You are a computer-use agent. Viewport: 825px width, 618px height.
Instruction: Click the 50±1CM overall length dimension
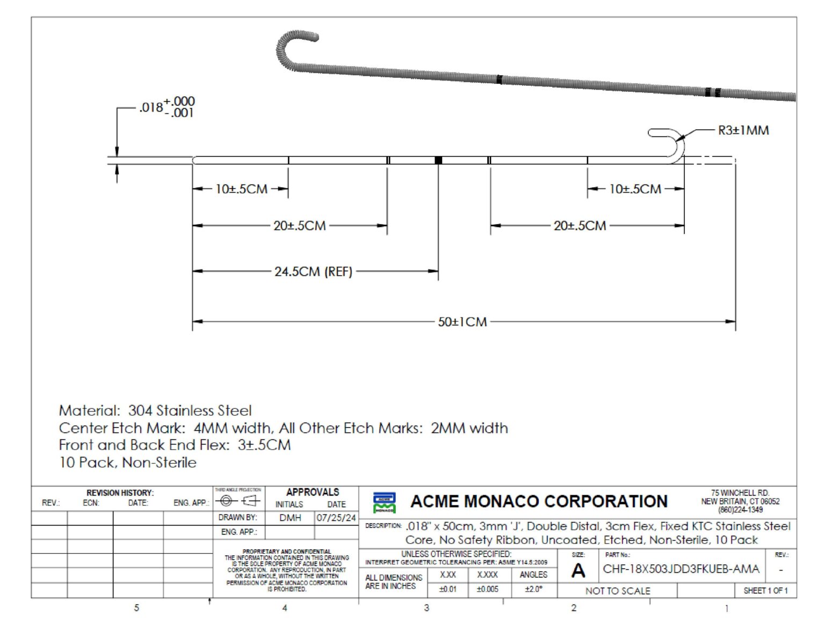pos(462,322)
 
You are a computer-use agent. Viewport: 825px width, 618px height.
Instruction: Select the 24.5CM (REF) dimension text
pos(313,271)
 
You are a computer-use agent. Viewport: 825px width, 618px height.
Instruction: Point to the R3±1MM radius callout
pos(743,130)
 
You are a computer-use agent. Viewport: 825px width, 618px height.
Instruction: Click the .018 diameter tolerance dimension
pos(167,107)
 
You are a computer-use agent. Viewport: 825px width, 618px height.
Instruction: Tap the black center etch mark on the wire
pos(438,160)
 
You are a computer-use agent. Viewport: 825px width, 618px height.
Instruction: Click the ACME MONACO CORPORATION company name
pos(539,501)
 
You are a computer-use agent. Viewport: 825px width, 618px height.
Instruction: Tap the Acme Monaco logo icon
pos(385,502)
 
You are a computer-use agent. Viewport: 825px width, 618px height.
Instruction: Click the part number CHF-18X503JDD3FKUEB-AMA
pos(681,569)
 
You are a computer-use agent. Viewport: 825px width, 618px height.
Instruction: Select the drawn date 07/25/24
pos(336,518)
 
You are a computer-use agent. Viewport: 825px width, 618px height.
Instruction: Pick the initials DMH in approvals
pos(290,518)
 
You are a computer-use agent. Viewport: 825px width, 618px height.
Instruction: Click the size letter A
pos(578,571)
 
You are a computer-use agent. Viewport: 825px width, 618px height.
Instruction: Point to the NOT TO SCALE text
pos(618,591)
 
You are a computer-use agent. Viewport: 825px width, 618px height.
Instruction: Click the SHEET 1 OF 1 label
pos(765,591)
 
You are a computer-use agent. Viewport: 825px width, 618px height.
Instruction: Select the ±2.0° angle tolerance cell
pos(533,589)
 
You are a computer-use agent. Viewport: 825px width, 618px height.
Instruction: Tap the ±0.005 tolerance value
pos(487,589)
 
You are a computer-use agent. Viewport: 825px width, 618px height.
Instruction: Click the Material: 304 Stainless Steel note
pos(155,411)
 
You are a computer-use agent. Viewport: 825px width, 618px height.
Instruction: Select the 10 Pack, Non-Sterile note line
pos(128,462)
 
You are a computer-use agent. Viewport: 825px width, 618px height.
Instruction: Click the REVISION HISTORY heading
pos(120,492)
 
